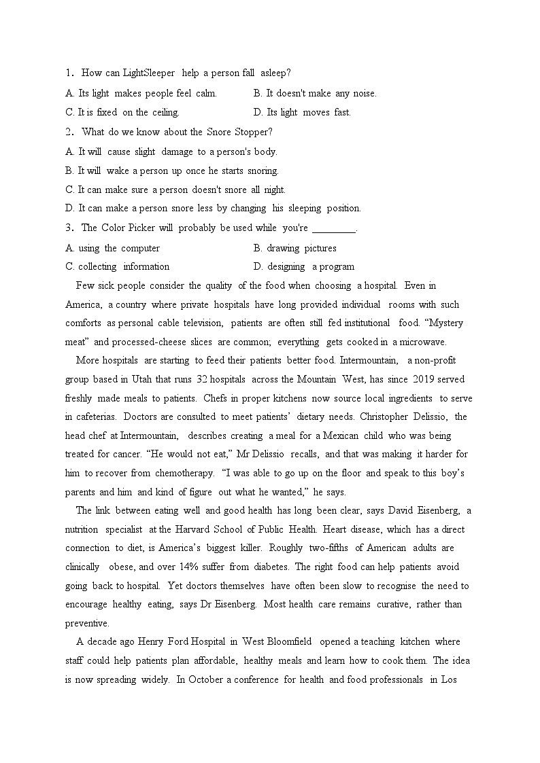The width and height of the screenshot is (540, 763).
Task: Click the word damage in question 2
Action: click(x=177, y=152)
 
